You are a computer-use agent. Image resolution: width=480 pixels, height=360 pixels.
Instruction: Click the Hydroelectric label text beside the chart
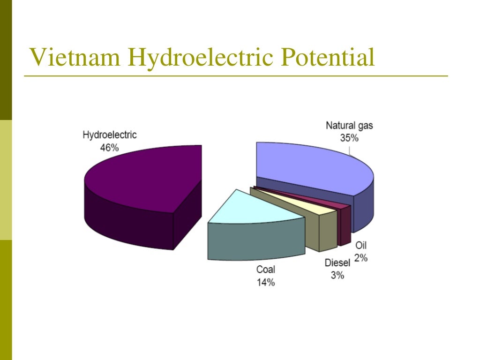(109, 135)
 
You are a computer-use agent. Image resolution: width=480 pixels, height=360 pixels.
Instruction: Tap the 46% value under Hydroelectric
(109, 147)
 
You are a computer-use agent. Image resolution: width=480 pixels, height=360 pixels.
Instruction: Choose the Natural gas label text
(349, 126)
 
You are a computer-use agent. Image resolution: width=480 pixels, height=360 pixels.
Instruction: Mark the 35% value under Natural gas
(349, 138)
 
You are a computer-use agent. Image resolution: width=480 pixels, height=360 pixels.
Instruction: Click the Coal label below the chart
(265, 270)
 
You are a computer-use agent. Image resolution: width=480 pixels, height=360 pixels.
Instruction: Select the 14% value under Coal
(265, 282)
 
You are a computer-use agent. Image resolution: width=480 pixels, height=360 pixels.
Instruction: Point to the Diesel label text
(337, 262)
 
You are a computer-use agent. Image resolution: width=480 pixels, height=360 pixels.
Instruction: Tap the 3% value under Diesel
(337, 275)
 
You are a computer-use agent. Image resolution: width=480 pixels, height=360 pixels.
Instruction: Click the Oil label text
(361, 245)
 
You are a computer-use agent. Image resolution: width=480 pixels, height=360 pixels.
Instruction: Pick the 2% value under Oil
(361, 257)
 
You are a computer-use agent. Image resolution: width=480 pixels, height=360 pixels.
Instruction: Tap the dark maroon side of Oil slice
(345, 227)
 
